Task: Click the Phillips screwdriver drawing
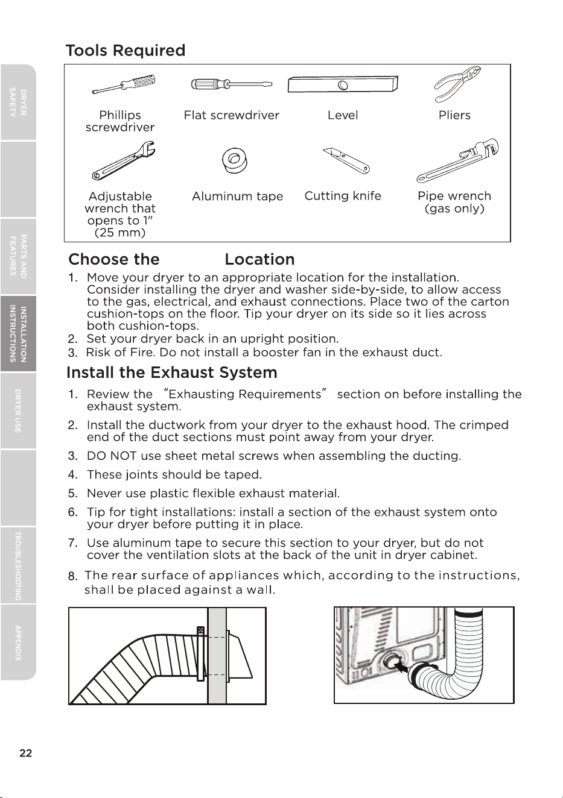click(124, 84)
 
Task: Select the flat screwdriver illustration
click(232, 84)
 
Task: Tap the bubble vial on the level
click(343, 85)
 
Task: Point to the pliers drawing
click(457, 84)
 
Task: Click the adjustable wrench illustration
click(124, 161)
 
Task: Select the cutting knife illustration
click(346, 161)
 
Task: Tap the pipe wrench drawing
click(458, 161)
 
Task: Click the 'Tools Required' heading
click(126, 50)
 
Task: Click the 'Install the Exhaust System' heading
click(172, 372)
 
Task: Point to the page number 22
click(26, 753)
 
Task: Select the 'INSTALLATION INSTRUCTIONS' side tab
click(18, 334)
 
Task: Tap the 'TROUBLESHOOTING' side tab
click(18, 566)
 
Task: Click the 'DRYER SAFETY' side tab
click(18, 102)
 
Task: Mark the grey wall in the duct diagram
click(217, 656)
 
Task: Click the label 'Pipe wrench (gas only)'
click(454, 202)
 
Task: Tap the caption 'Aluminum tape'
click(237, 196)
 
